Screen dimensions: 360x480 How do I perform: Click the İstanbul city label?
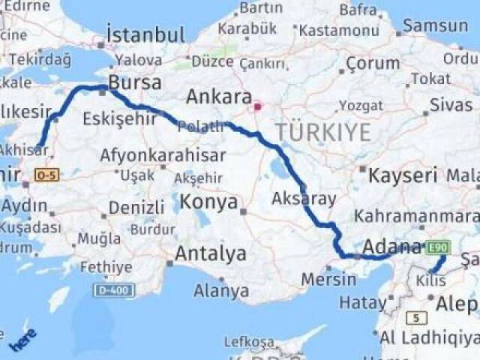tap(145, 34)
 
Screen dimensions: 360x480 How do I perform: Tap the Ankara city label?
tap(218, 97)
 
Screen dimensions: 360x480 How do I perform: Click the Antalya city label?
tap(211, 253)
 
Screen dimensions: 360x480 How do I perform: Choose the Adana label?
tap(392, 246)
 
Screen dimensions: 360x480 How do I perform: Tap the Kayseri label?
tap(403, 176)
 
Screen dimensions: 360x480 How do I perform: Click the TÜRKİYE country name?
tap(322, 133)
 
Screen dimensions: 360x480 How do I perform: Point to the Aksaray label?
tap(304, 199)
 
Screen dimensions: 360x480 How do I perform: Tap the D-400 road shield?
tap(115, 289)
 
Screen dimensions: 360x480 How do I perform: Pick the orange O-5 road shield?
tap(46, 175)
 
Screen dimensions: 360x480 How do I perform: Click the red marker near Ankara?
tap(257, 106)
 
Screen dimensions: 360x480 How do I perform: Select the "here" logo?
tap(22, 339)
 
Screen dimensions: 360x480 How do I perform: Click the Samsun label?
tap(436, 25)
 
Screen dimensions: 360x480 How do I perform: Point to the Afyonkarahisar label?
tap(163, 155)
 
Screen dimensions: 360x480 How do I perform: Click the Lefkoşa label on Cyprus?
tap(250, 341)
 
